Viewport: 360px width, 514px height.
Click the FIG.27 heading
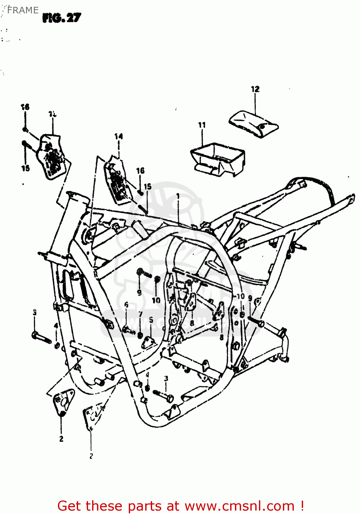(x=62, y=18)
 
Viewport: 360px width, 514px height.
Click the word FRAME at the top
(x=23, y=10)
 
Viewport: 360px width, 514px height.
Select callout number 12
(x=255, y=89)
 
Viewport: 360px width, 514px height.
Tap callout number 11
(x=202, y=125)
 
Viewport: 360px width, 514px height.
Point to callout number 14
(x=119, y=136)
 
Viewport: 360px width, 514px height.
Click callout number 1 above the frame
(x=178, y=196)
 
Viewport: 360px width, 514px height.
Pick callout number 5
(x=151, y=320)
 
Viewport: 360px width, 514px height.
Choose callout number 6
(x=126, y=305)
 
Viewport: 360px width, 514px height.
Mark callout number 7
(x=140, y=314)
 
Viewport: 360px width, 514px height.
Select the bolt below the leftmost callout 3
(x=41, y=336)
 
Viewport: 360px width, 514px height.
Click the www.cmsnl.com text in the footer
(x=239, y=506)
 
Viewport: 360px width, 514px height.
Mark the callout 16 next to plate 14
(x=140, y=171)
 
